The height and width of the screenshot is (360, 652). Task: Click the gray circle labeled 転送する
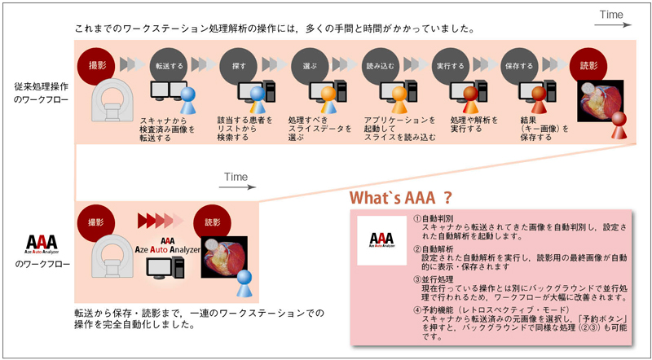point(170,64)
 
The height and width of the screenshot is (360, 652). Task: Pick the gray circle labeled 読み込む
point(380,64)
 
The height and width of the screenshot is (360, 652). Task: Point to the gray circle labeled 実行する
point(449,64)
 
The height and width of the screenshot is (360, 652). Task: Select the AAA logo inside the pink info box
point(381,240)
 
